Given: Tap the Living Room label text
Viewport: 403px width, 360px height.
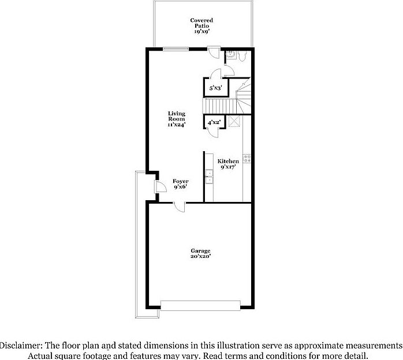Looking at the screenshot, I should [x=177, y=119].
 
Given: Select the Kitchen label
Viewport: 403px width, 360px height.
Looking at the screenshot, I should [x=228, y=164].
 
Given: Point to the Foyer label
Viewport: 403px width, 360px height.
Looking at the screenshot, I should [x=181, y=184].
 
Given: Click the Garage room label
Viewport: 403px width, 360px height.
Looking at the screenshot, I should [x=201, y=254].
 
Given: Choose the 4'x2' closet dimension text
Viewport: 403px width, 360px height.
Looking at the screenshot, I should [x=214, y=122].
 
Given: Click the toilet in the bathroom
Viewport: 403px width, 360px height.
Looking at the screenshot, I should [x=243, y=55].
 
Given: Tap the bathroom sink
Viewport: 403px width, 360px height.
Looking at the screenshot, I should [x=230, y=53].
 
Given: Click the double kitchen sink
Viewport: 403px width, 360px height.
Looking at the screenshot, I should [x=209, y=176].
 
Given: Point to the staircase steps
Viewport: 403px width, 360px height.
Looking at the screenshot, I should [x=220, y=106].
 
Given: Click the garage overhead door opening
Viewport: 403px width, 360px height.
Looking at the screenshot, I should [x=201, y=305].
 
